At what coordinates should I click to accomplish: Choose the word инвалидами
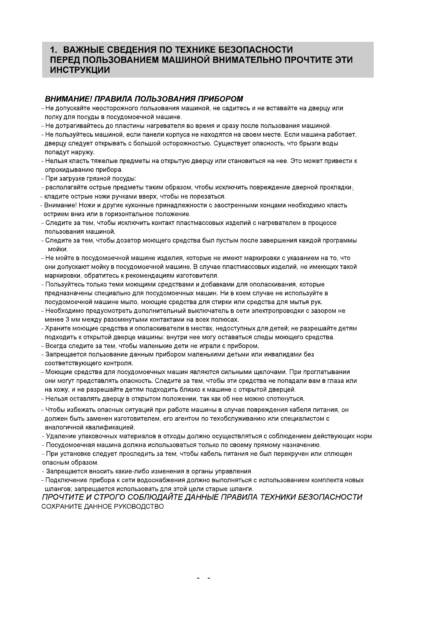290,355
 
